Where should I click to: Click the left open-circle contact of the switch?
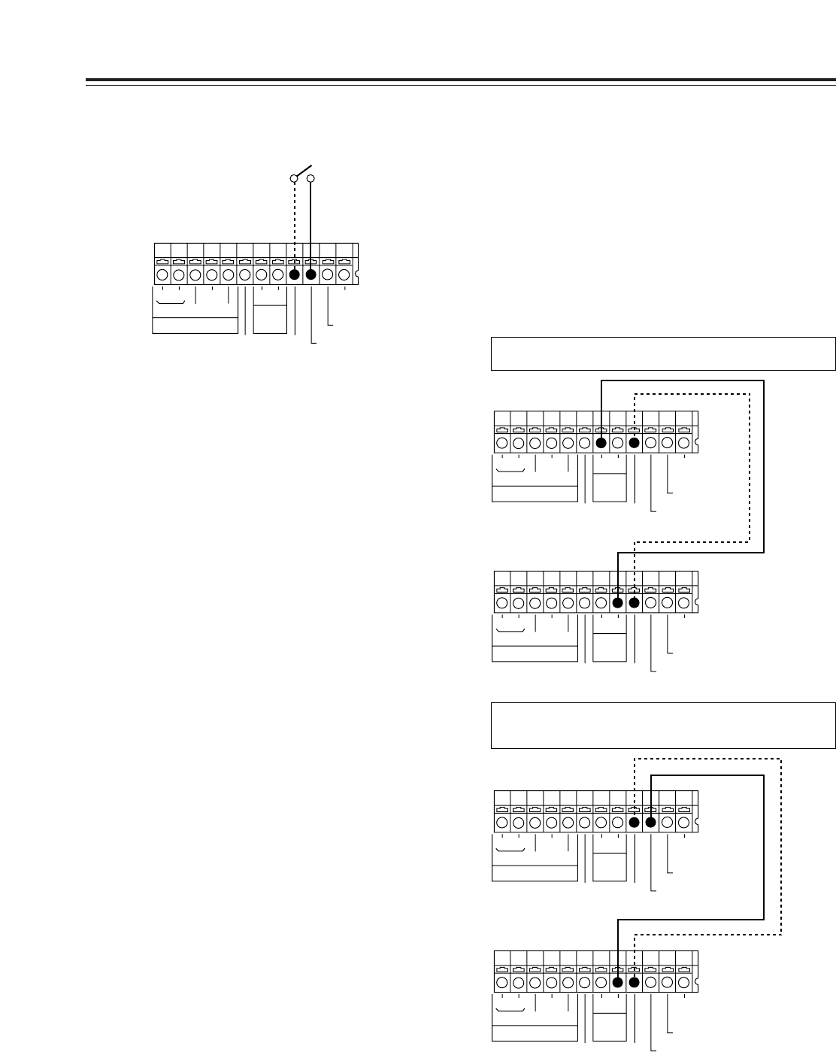pos(295,178)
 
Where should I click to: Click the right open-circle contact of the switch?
pos(310,178)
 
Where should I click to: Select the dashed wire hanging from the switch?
pos(295,226)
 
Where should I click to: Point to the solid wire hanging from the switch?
pos(310,226)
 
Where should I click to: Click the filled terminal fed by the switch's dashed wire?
pos(294,275)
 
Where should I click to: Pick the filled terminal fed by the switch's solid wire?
pos(310,275)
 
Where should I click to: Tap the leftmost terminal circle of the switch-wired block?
pos(162,275)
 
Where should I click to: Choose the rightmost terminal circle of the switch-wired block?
pos(344,275)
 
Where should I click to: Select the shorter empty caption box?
pos(663,354)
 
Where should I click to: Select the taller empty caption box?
pos(663,726)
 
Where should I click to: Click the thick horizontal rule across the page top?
pos(460,80)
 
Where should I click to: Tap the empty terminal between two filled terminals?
pos(617,444)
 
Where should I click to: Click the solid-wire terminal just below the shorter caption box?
pos(601,444)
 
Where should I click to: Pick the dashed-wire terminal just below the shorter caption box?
pos(634,444)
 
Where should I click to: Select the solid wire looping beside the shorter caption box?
pos(764,466)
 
